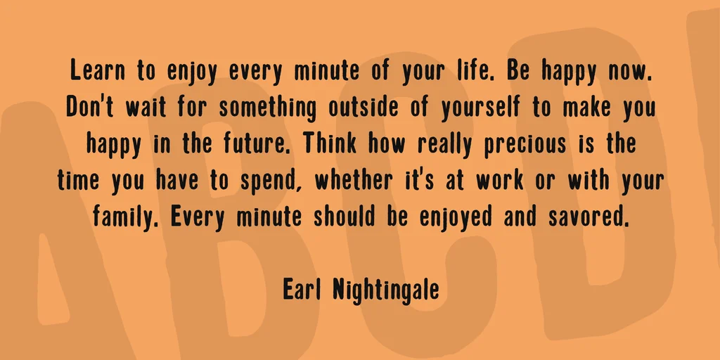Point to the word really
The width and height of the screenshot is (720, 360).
tap(444, 145)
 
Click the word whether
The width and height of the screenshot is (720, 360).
tap(354, 181)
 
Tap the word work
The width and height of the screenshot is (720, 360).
tap(499, 181)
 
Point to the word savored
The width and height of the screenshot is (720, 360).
tap(587, 217)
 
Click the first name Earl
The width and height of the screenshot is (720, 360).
tap(300, 289)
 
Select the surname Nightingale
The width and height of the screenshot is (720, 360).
tap(385, 290)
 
